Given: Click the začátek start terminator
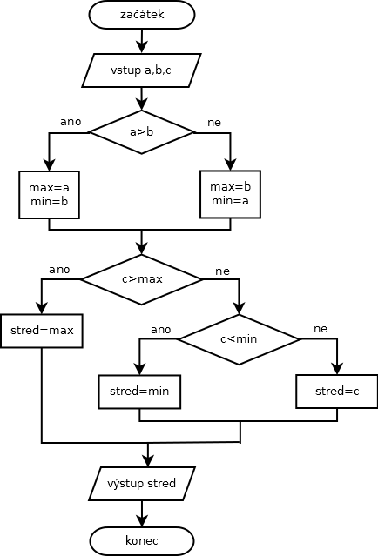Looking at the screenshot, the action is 142,15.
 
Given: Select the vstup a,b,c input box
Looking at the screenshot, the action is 142,70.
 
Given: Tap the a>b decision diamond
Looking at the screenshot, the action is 142,132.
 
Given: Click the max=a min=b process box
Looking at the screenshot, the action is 49,195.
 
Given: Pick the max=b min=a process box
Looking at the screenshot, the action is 230,194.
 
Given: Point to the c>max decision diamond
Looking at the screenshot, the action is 142,279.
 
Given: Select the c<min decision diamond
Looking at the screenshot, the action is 239,339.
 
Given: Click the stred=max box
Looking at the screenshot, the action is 42,331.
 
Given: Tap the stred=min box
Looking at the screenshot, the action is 139,392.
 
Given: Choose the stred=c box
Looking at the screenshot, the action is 337,392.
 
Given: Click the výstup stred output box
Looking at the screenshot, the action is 142,484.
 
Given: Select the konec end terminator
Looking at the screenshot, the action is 142,540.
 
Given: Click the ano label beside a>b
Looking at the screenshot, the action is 71,122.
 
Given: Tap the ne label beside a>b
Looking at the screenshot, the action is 214,123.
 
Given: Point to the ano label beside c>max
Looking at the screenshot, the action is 59,270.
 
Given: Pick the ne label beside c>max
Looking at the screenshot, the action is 222,271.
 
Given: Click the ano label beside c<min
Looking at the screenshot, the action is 161,330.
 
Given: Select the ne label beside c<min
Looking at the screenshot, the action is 321,329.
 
